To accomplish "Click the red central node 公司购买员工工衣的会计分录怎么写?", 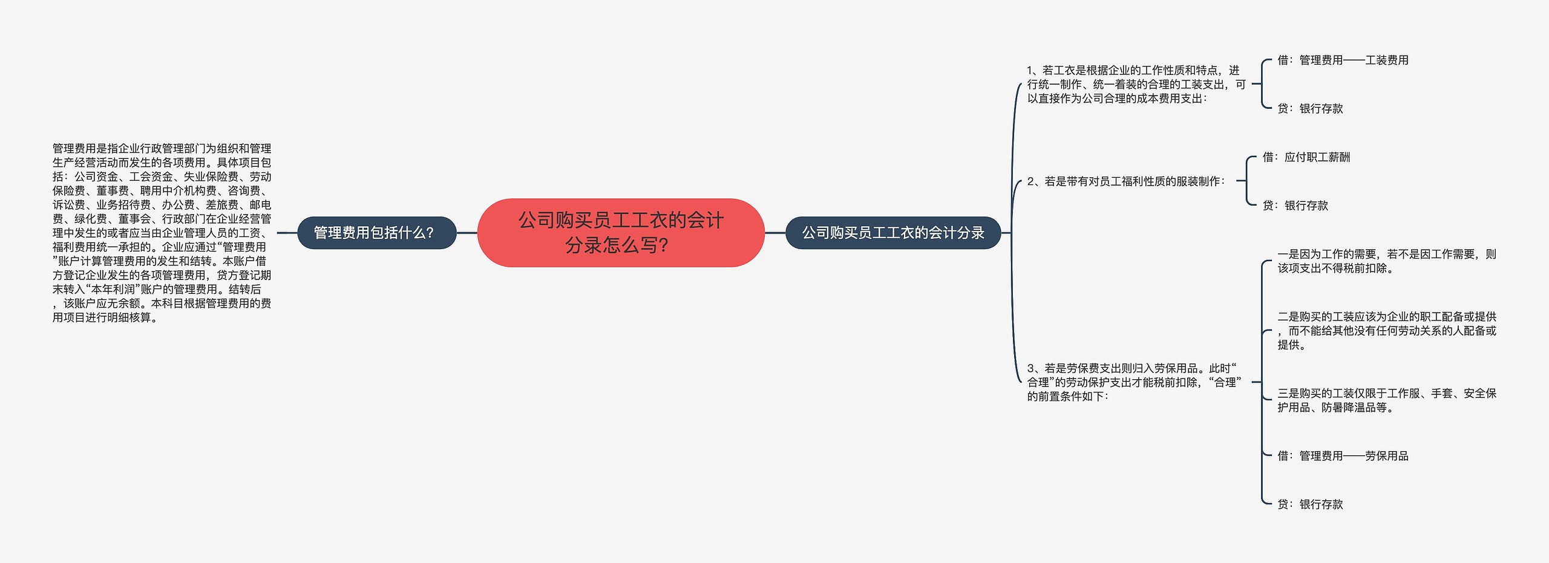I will click(x=621, y=233).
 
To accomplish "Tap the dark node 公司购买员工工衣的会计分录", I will click(x=893, y=233).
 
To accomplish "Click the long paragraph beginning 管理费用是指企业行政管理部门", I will click(x=162, y=233).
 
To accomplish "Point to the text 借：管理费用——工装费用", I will click(x=1343, y=60).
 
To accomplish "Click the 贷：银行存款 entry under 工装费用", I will click(x=1310, y=109).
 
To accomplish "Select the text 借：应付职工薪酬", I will click(x=1306, y=157).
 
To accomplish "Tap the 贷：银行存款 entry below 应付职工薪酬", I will click(x=1295, y=206).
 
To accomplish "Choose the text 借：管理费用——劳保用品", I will click(x=1343, y=456).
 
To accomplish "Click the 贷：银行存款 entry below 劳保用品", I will click(x=1310, y=504).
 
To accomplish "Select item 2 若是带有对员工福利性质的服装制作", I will click(x=1125, y=181).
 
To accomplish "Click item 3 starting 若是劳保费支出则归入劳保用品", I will click(x=1134, y=382).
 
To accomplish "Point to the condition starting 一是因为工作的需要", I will click(x=1386, y=261).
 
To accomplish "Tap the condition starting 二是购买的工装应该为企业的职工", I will click(x=1386, y=331).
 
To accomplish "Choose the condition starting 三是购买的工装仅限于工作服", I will click(x=1386, y=400).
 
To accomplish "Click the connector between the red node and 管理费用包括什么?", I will click(x=467, y=233).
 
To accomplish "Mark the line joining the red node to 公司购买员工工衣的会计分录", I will click(x=775, y=233).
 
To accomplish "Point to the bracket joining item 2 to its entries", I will click(x=1246, y=181).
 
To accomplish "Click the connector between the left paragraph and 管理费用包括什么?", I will click(x=287, y=233).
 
